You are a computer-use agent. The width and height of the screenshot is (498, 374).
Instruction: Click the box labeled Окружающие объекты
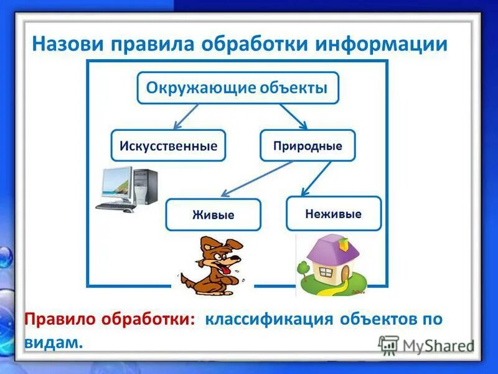[237, 88]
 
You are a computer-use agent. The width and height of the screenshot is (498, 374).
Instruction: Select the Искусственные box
[168, 146]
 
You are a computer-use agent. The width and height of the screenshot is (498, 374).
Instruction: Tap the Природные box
[308, 146]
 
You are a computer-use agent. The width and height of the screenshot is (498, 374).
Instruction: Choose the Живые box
[213, 214]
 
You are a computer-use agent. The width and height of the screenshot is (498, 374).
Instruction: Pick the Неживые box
[333, 213]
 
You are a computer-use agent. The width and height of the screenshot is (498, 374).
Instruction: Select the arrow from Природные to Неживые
[316, 178]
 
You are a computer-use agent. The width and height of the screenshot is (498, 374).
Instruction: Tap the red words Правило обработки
[110, 320]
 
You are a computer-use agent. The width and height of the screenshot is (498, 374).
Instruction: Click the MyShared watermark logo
[426, 345]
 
